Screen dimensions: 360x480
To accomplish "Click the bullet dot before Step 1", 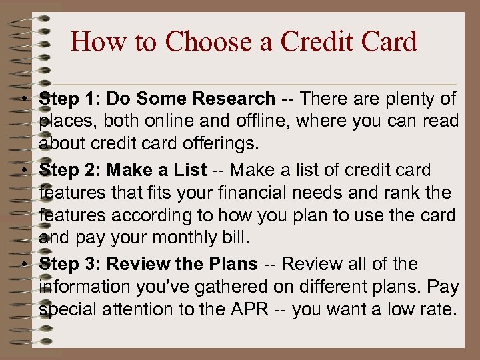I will (23, 100).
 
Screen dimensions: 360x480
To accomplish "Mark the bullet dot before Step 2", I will (23, 171).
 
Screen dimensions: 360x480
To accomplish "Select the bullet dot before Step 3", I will (23, 265).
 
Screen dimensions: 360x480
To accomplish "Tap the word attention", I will (139, 309).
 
